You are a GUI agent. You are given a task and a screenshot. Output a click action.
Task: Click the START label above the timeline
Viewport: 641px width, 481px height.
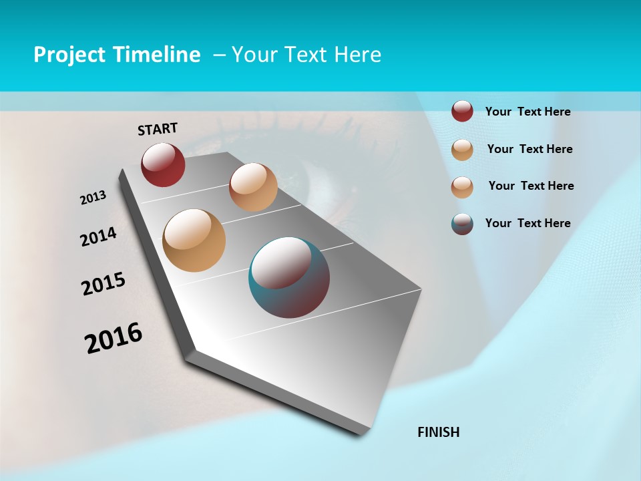pyautogui.click(x=158, y=129)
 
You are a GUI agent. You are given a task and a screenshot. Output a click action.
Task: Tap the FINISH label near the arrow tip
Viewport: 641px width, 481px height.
pyautogui.click(x=439, y=432)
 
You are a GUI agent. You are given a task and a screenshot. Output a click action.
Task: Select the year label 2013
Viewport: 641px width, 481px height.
pyautogui.click(x=93, y=198)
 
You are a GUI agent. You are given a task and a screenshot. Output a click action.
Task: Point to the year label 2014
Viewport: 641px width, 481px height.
pyautogui.click(x=98, y=236)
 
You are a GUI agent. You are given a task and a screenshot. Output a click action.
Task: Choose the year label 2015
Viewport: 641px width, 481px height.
pyautogui.click(x=103, y=284)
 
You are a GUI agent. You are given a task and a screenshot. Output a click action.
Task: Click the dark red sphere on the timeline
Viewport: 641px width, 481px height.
pyautogui.click(x=163, y=165)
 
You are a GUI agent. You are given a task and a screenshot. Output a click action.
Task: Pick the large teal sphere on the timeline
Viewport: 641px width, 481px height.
pyautogui.click(x=289, y=277)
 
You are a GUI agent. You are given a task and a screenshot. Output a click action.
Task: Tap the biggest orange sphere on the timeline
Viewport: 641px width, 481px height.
pyautogui.click(x=194, y=240)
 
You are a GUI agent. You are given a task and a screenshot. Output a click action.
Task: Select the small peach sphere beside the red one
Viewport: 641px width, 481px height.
pyautogui.click(x=253, y=187)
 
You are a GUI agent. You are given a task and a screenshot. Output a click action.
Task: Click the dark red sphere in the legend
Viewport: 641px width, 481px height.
pyautogui.click(x=462, y=111)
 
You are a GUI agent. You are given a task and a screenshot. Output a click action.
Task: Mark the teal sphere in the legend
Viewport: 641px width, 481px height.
pyautogui.click(x=462, y=224)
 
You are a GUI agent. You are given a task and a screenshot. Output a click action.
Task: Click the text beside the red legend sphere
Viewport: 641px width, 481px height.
pyautogui.click(x=527, y=112)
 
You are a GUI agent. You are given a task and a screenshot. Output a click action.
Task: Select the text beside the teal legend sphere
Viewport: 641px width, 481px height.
pyautogui.click(x=527, y=223)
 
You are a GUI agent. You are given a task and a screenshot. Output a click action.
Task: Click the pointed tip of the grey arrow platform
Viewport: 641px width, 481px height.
pyautogui.click(x=362, y=433)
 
